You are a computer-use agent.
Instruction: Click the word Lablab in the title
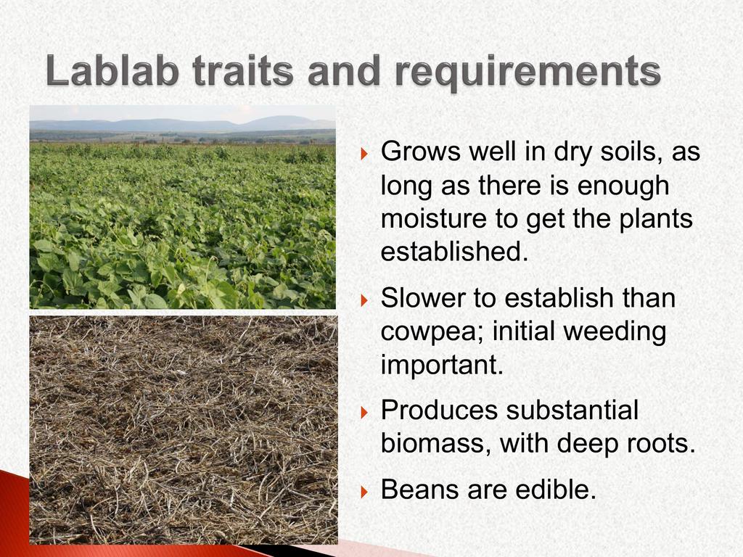112,71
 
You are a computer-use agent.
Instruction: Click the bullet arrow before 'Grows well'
364,154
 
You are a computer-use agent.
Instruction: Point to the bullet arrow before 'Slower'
364,300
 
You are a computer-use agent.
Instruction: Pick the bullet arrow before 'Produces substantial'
364,412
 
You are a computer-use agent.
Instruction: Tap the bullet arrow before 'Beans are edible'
364,491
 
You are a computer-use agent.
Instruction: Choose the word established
454,251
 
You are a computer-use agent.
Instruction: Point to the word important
442,366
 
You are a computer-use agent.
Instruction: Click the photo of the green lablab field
182,207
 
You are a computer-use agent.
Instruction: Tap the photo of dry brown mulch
184,430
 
